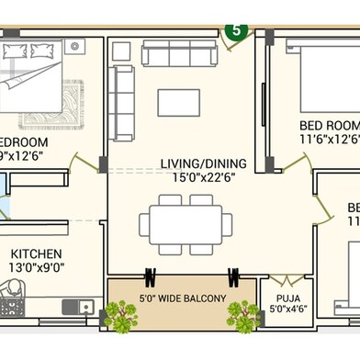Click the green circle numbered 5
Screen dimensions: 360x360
click(236, 29)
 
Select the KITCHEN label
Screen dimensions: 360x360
click(37, 253)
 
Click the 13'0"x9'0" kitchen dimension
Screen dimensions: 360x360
click(37, 268)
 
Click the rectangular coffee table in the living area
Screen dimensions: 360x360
click(178, 102)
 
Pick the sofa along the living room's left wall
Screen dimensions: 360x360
click(121, 103)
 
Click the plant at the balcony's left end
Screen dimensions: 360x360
click(120, 315)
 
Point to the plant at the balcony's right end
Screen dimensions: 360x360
click(242, 316)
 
